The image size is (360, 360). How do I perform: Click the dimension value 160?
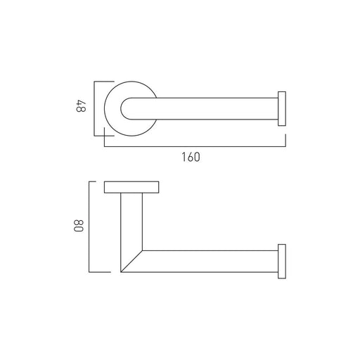[191, 157]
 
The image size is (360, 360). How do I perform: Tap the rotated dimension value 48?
[82, 106]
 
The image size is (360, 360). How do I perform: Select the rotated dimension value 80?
[79, 226]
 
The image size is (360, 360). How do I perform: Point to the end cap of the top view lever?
[282, 109]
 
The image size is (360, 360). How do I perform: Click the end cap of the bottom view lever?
[282, 262]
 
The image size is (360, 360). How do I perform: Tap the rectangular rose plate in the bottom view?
[131, 187]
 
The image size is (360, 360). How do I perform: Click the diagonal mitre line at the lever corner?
[131, 262]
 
